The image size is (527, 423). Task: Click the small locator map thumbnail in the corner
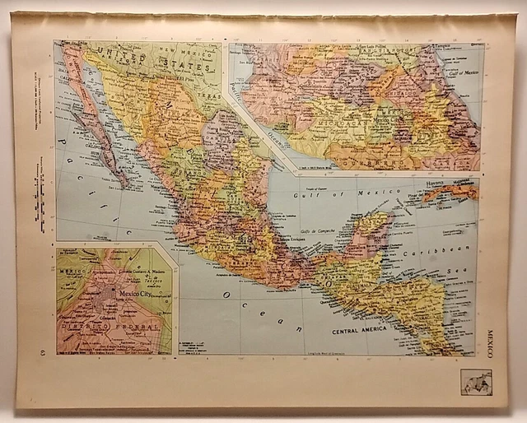tap(476, 382)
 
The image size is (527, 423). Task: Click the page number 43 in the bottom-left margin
tap(43, 352)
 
